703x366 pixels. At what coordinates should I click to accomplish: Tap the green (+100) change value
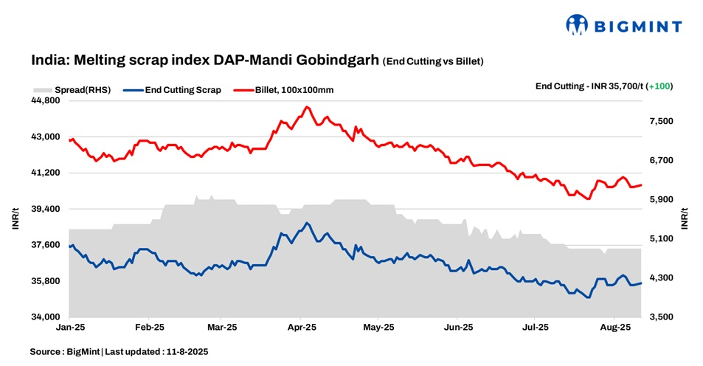pyautogui.click(x=659, y=86)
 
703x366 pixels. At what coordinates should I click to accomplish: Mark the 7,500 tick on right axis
pyautogui.click(x=659, y=121)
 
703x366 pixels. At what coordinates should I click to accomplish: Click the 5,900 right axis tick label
pyautogui.click(x=659, y=199)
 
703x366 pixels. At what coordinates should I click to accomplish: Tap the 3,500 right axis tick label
pyautogui.click(x=659, y=317)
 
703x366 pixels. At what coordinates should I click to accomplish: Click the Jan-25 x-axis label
pyautogui.click(x=69, y=326)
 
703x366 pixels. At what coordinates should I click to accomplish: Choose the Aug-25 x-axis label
pyautogui.click(x=614, y=326)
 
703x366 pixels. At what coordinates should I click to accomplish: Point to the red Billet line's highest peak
pyautogui.click(x=307, y=107)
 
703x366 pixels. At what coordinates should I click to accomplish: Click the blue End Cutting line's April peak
pyautogui.click(x=307, y=223)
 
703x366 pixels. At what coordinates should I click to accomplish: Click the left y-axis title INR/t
pyautogui.click(x=15, y=219)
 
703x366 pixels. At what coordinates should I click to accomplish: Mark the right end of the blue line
pyautogui.click(x=642, y=283)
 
